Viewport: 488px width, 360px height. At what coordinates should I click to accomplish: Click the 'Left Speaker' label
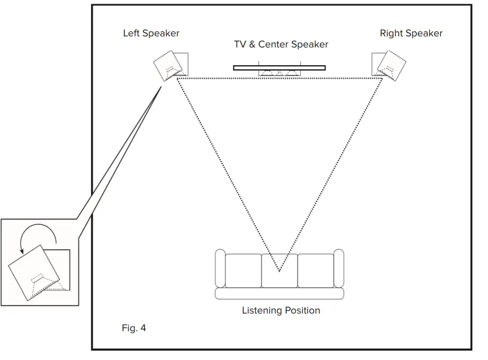click(151, 33)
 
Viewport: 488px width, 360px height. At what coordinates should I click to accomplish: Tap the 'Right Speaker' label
click(411, 33)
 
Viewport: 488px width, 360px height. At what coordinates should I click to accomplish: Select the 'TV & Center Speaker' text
click(281, 44)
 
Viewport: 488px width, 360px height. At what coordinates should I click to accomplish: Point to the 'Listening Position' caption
click(281, 310)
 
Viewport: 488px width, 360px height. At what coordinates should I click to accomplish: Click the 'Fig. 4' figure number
click(134, 328)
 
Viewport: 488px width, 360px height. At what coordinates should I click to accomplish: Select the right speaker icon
click(390, 65)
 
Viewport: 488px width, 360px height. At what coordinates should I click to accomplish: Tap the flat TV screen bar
click(279, 68)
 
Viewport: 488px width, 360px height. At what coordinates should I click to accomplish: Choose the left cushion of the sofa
click(243, 270)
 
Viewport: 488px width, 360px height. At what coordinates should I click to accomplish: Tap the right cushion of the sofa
click(316, 270)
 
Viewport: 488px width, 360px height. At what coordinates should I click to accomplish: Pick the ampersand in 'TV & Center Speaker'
click(252, 44)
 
